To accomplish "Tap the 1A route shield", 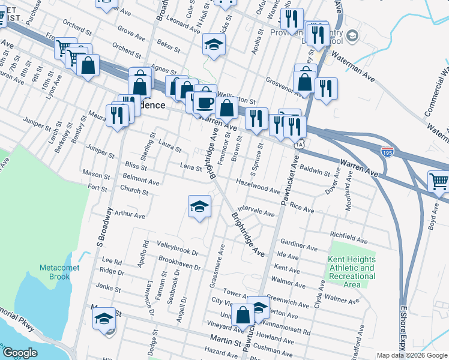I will click(x=300, y=144).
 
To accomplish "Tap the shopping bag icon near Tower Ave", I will click(x=243, y=314).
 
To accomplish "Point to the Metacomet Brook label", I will click(x=55, y=272).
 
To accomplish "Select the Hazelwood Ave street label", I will click(x=258, y=186).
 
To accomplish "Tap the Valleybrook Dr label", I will click(x=177, y=247).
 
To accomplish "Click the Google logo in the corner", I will click(x=20, y=353).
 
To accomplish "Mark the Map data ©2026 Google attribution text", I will click(x=411, y=355).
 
